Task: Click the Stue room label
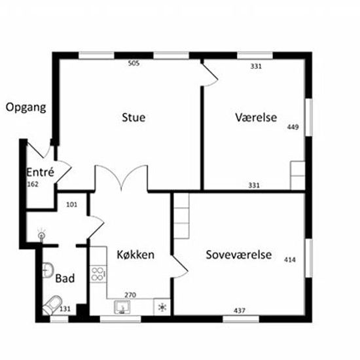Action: click(x=134, y=117)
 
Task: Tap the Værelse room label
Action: click(x=256, y=117)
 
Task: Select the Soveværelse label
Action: click(x=239, y=255)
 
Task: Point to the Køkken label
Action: click(x=135, y=255)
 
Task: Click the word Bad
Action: click(x=65, y=278)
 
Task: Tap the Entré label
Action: click(x=41, y=172)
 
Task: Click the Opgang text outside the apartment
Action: click(x=26, y=107)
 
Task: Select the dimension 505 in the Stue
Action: click(x=134, y=63)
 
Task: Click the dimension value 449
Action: click(x=293, y=127)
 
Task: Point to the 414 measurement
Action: click(x=290, y=260)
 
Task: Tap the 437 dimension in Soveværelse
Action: click(x=240, y=311)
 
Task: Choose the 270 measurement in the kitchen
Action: click(x=130, y=295)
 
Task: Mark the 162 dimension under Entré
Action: click(x=33, y=185)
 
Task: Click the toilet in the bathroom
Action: click(x=52, y=305)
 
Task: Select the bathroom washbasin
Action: click(x=48, y=270)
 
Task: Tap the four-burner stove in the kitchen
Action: click(x=98, y=274)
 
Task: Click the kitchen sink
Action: click(x=122, y=308)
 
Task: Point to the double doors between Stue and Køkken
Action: click(x=121, y=178)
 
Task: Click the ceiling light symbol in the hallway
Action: click(x=41, y=235)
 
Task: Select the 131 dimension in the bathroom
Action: click(x=65, y=309)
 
